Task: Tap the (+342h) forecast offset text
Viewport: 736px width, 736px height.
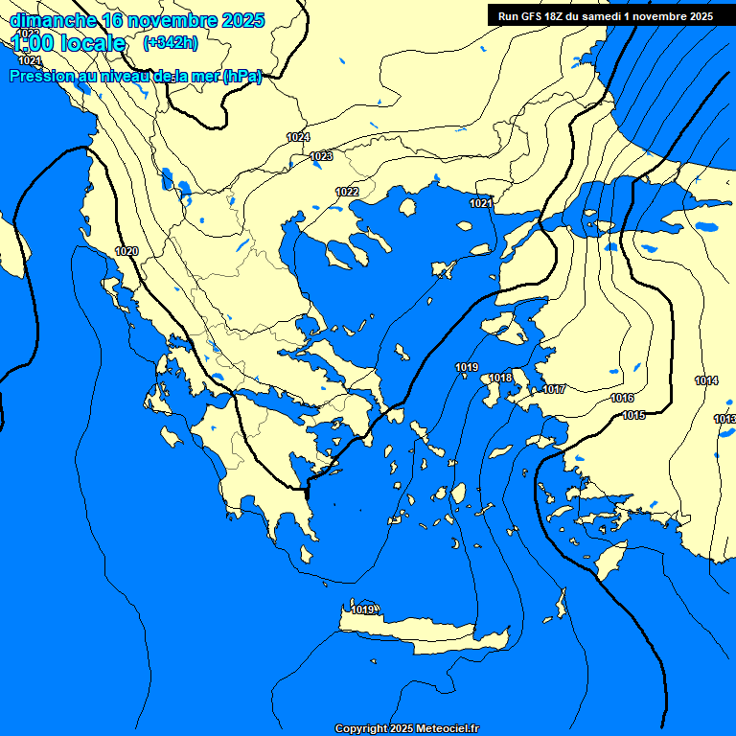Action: pos(171,42)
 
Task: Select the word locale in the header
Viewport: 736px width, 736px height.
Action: pos(90,43)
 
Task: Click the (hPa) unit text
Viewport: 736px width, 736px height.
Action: pos(241,77)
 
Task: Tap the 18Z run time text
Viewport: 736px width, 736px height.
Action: pos(561,15)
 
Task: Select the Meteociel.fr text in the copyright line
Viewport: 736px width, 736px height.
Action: pos(447,729)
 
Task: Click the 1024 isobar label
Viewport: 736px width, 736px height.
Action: pos(298,138)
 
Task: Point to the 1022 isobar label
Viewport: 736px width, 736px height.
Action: pos(347,193)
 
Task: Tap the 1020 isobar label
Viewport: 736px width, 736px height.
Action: pos(126,251)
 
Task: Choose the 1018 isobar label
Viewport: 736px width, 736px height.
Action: pos(500,379)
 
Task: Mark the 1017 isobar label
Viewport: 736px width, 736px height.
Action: pos(554,389)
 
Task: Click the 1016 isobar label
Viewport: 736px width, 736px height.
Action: pos(622,398)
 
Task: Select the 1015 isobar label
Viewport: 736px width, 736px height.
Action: pos(633,415)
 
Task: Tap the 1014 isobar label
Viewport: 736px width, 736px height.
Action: pos(706,381)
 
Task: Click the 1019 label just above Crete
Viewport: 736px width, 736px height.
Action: pos(362,610)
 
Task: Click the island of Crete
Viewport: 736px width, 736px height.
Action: pos(422,633)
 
